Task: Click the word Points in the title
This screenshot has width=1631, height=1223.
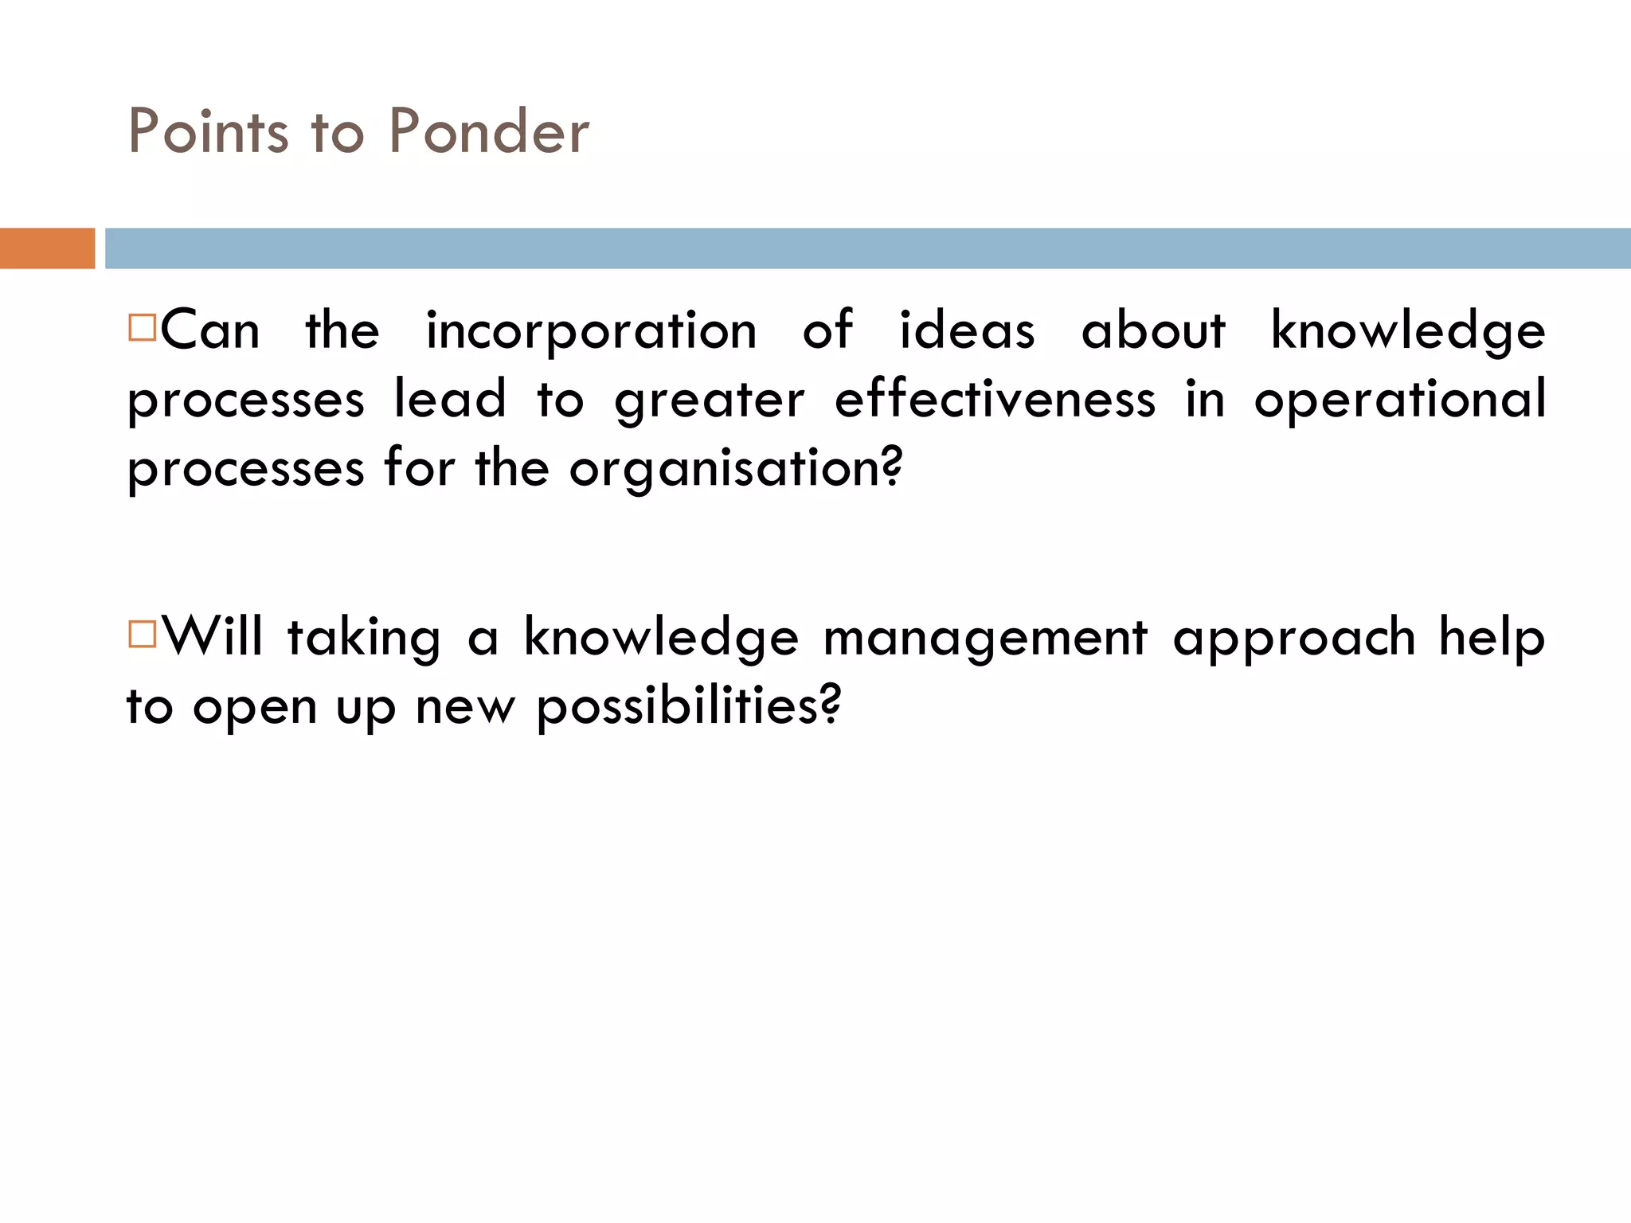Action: tap(208, 131)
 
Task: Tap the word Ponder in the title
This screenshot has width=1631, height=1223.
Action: tap(489, 131)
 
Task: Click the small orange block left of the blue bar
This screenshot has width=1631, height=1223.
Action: tap(47, 248)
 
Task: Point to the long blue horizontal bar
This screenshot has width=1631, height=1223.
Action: tap(867, 248)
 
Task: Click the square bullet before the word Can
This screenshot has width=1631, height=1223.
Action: tap(142, 327)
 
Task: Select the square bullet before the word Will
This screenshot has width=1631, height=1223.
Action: tap(142, 635)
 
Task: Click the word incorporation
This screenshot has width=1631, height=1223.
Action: tap(591, 331)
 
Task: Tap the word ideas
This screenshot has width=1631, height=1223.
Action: tap(967, 331)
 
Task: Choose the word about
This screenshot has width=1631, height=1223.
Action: tap(1152, 331)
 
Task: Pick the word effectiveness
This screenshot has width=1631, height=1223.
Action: tap(995, 400)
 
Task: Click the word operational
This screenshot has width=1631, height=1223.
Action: tap(1399, 400)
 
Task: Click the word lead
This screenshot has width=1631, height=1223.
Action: tap(450, 400)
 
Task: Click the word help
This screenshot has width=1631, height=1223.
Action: tap(1492, 639)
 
